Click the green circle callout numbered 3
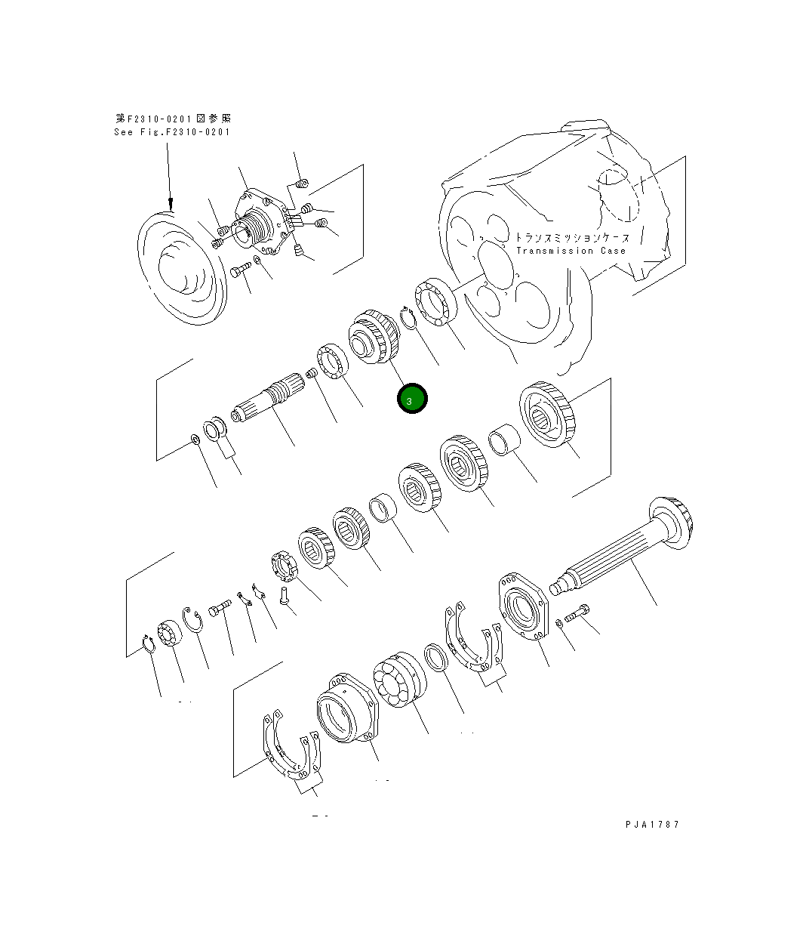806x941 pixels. [412, 400]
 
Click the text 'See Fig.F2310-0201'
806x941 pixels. [172, 132]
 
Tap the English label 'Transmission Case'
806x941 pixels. [571, 251]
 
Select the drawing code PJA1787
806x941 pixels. [652, 824]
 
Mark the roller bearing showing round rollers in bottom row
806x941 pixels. [398, 679]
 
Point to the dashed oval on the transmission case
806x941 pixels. [618, 193]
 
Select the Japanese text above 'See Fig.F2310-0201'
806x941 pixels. [174, 119]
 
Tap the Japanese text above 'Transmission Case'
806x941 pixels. [571, 237]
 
